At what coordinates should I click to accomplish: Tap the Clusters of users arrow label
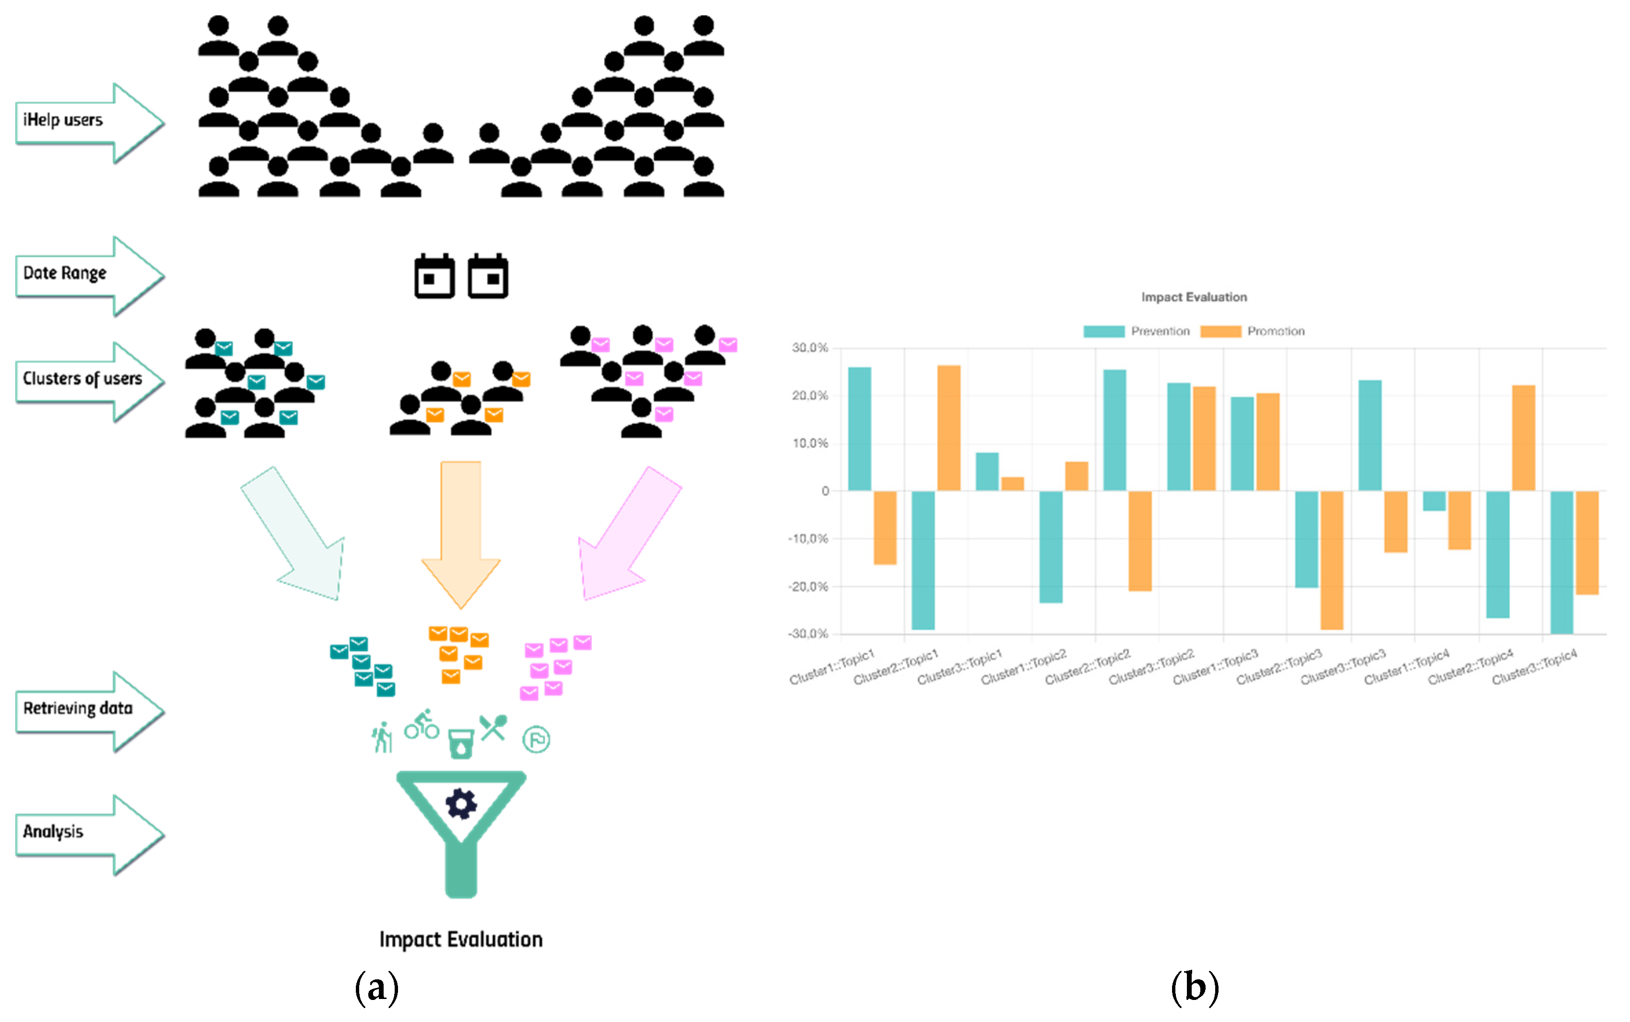[82, 379]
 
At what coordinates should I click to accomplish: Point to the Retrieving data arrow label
[78, 709]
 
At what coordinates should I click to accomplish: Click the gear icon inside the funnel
[461, 804]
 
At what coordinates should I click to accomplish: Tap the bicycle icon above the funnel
[422, 725]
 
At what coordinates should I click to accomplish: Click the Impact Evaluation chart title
[1194, 297]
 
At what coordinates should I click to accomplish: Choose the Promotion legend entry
[1253, 331]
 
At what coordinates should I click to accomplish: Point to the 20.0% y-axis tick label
[809, 396]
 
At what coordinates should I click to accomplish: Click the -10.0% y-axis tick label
[808, 539]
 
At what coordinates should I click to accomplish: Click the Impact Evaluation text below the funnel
[461, 940]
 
